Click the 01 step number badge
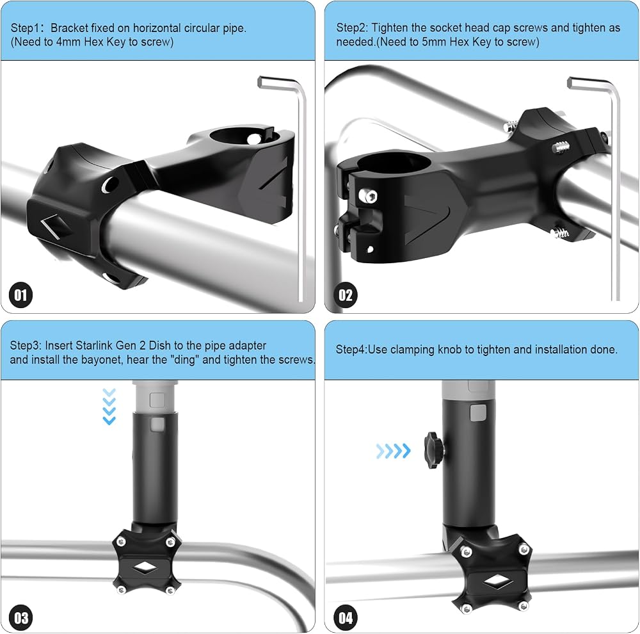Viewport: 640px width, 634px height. click(x=20, y=295)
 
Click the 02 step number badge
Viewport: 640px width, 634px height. click(x=346, y=295)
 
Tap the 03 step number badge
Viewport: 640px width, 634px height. click(x=20, y=617)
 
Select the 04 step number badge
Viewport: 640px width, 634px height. click(x=346, y=617)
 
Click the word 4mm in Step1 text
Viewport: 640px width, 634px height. click(x=68, y=42)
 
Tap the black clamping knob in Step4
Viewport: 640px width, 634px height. click(x=435, y=450)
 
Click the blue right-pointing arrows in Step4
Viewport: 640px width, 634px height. click(x=394, y=451)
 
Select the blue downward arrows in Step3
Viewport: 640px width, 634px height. click(x=109, y=407)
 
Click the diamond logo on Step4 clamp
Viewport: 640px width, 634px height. click(x=497, y=583)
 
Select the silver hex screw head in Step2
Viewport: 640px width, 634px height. click(x=368, y=196)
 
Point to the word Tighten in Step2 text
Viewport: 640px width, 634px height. click(x=390, y=28)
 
